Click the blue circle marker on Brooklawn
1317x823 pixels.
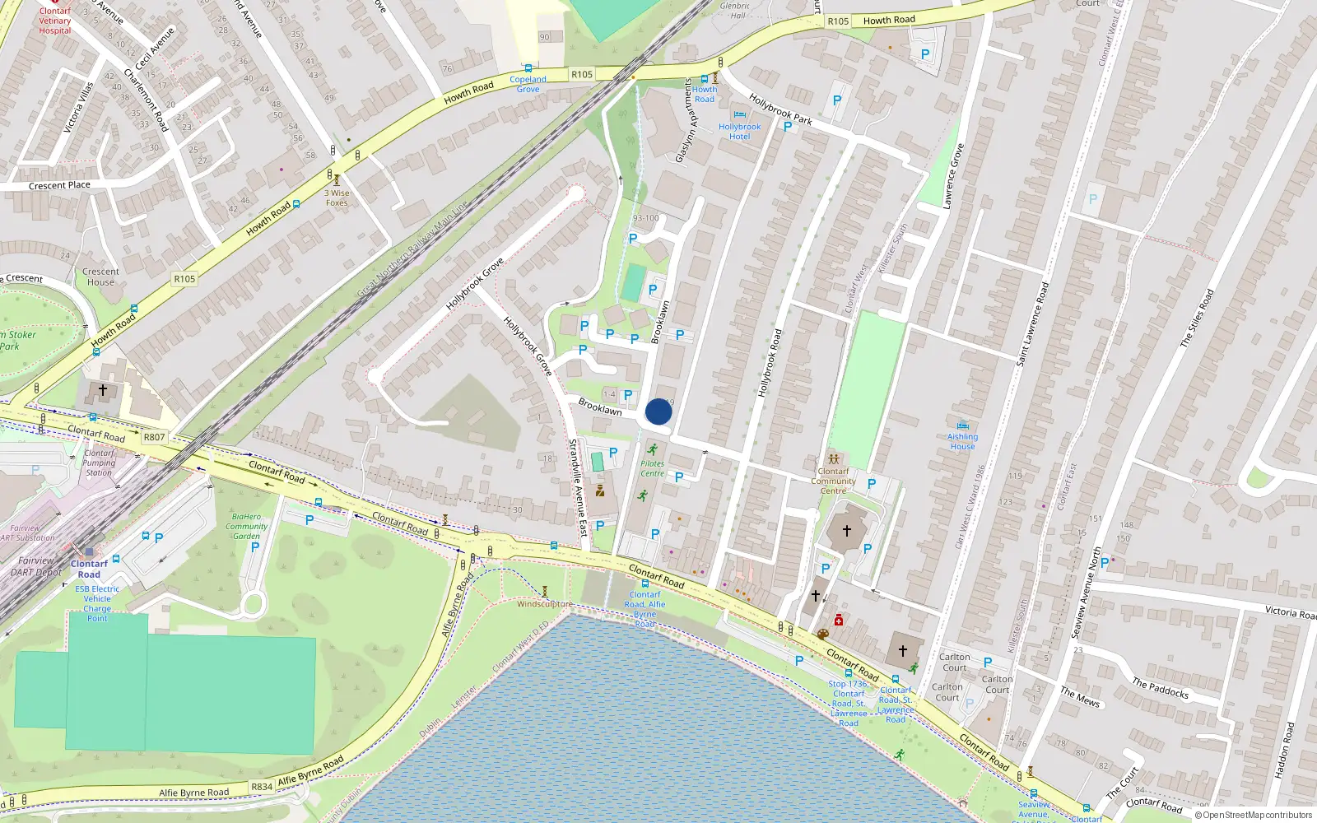click(658, 411)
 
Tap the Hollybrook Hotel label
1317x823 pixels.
click(739, 132)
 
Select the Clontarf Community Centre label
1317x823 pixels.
click(833, 481)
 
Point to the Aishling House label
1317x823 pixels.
click(962, 442)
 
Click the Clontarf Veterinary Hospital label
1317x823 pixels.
click(55, 21)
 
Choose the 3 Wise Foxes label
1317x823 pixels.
click(337, 198)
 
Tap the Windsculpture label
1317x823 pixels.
click(544, 604)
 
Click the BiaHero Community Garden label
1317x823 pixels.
click(246, 526)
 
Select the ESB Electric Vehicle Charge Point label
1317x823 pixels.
click(97, 603)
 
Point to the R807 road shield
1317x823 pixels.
click(154, 437)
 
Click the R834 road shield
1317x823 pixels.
click(262, 787)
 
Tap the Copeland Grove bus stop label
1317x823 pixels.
click(528, 84)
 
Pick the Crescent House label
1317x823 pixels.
click(100, 277)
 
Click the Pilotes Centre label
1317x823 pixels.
click(652, 468)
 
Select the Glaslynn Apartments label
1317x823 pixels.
click(685, 121)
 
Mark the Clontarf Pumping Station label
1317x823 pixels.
click(99, 463)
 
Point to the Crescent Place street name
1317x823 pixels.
click(59, 185)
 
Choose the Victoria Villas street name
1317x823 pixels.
click(79, 108)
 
